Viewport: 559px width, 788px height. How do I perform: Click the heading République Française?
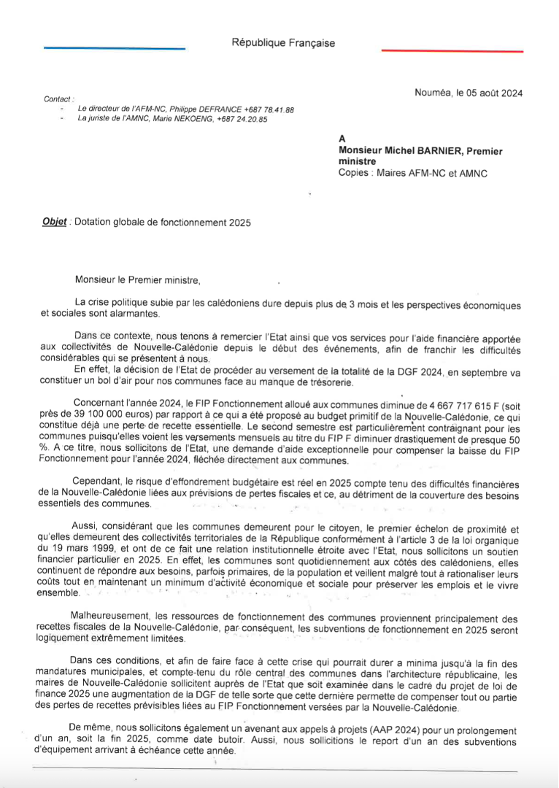pyautogui.click(x=283, y=42)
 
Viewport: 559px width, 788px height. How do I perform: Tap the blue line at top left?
pyautogui.click(x=115, y=49)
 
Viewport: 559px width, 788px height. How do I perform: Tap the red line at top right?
pyautogui.click(x=452, y=51)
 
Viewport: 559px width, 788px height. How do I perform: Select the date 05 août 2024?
pyautogui.click(x=489, y=93)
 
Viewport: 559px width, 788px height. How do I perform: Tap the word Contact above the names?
pyautogui.click(x=58, y=98)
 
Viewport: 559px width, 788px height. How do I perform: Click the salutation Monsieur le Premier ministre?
pyautogui.click(x=136, y=279)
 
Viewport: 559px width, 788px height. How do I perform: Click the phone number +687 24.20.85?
pyautogui.click(x=242, y=119)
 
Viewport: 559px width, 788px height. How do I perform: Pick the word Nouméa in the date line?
pyautogui.click(x=431, y=93)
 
